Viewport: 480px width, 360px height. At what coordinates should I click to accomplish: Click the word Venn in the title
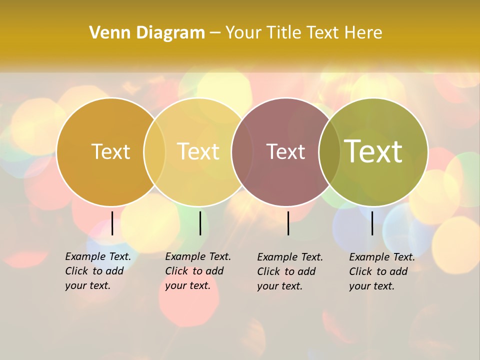tap(106, 33)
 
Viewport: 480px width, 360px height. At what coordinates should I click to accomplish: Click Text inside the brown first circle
tap(110, 151)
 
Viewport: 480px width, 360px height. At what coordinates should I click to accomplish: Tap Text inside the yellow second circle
tap(198, 151)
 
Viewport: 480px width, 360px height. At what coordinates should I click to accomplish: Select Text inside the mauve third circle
tap(285, 151)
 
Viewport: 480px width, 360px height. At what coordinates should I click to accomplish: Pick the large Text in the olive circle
tap(373, 151)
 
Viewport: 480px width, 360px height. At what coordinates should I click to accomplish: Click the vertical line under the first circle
tap(112, 223)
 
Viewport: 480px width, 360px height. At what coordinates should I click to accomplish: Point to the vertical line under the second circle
tap(200, 223)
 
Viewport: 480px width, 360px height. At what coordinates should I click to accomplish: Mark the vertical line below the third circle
tap(288, 223)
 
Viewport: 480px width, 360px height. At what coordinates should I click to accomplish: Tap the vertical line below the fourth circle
tap(372, 223)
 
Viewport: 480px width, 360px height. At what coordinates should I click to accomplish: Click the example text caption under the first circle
tap(97, 271)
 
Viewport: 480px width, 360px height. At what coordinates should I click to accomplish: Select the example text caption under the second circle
tap(197, 271)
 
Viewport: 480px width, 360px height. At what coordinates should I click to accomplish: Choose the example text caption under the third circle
tap(289, 271)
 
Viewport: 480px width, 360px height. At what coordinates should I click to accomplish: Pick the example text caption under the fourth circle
tap(381, 271)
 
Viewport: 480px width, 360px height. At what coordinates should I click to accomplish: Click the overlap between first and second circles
tap(154, 151)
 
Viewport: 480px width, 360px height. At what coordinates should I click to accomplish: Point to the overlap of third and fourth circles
tap(329, 151)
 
